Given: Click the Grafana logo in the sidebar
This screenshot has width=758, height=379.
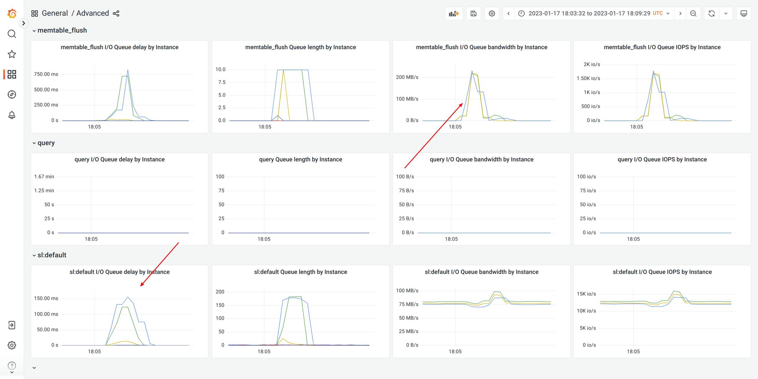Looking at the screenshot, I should (x=12, y=14).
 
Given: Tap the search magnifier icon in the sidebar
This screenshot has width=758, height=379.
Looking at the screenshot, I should (x=12, y=34).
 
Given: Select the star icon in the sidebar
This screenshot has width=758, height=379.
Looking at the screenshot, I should (x=12, y=54).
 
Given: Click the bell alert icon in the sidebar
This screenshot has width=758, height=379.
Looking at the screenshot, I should (x=12, y=115).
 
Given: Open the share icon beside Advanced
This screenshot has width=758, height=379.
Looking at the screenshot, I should (x=116, y=13).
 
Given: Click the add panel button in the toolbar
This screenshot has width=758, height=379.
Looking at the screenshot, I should (x=454, y=14).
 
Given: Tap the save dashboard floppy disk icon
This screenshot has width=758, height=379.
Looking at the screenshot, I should (x=474, y=14).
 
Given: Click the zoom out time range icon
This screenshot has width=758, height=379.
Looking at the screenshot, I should (x=693, y=14).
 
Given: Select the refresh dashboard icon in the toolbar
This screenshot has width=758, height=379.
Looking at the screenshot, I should (x=712, y=14).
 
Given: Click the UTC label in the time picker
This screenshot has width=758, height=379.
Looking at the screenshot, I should (x=658, y=13).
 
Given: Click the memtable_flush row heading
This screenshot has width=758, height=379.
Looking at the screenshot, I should (x=62, y=30).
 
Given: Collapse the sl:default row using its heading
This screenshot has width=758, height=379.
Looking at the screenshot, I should (x=52, y=255).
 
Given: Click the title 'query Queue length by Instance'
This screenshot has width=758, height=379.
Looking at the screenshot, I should (x=300, y=159).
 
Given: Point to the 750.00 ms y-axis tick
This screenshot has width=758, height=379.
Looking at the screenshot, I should (x=46, y=74).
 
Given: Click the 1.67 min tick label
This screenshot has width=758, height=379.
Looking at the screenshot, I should (x=44, y=176).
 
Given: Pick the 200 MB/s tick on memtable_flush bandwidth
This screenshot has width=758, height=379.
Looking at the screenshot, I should (x=407, y=77).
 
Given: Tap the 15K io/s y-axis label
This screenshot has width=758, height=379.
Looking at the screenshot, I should (x=586, y=294).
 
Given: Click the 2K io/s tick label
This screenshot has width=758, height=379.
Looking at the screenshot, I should (x=592, y=64).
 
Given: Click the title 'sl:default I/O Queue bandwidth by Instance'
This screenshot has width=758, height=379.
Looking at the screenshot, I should (x=482, y=272).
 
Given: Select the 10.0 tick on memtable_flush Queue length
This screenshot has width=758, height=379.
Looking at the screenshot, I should (x=221, y=69).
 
